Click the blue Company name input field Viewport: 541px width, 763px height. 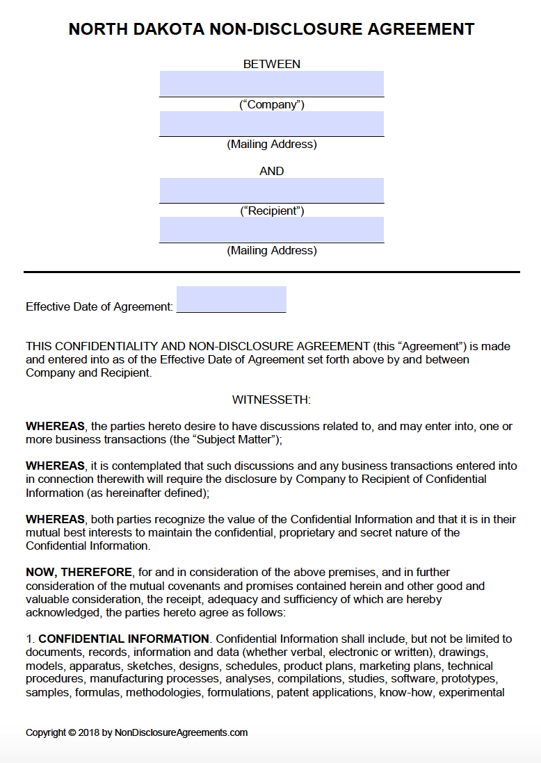point(271,83)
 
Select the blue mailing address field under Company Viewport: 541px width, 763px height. point(271,124)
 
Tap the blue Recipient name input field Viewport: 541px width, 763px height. point(271,190)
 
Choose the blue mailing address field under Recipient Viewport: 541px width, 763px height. point(271,229)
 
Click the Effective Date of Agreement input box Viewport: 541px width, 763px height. point(231,300)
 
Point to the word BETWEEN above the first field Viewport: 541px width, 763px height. point(271,64)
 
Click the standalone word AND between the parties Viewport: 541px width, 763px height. point(271,171)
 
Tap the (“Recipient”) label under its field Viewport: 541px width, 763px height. point(271,211)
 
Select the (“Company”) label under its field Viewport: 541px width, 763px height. point(271,105)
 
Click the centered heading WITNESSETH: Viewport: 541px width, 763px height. point(271,400)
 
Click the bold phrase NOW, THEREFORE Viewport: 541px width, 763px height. point(79,572)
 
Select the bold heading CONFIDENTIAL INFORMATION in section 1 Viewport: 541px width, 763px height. point(124,639)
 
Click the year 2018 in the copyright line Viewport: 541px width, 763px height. point(90,732)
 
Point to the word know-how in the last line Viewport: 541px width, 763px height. point(409,692)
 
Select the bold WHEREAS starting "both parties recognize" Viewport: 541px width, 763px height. point(55,519)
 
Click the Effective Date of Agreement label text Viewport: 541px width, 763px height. point(99,306)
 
